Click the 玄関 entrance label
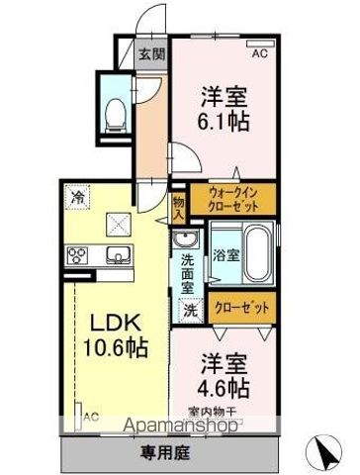pos(151,54)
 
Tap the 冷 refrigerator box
pos(77,197)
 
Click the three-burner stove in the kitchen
pos(78,256)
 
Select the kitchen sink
pos(116,256)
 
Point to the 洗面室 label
pos(186,273)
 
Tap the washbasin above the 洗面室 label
pos(186,240)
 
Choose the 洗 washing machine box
pos(188,309)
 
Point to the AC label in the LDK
pos(91,417)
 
